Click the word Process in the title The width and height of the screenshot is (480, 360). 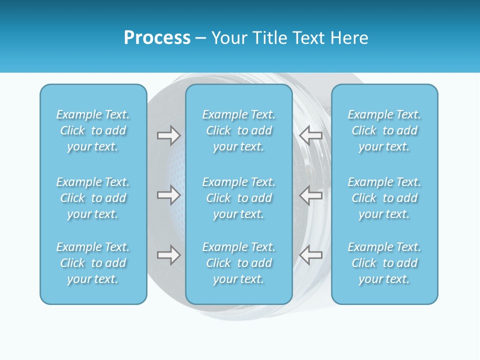(157, 38)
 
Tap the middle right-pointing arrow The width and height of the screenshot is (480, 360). (168, 195)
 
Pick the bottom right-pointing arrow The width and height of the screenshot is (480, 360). (168, 255)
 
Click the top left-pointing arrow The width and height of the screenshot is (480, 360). (310, 135)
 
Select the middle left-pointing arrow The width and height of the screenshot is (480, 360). (310, 195)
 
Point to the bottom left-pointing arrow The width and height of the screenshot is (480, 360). (310, 255)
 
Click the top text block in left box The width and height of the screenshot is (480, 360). (93, 130)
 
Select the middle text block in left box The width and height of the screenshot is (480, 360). (93, 198)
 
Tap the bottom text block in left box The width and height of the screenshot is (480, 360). (93, 263)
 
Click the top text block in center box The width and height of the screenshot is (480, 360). (238, 130)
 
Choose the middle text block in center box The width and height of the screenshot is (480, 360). (238, 198)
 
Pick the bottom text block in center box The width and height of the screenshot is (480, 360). (238, 263)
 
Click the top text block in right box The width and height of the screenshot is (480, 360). (384, 130)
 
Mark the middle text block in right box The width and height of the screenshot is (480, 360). (384, 198)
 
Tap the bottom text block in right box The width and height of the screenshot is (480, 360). (384, 263)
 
